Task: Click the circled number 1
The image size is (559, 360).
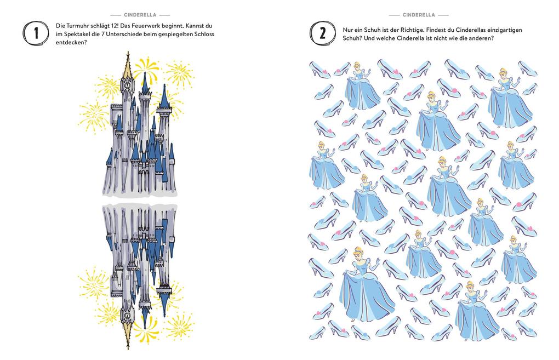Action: tap(36, 33)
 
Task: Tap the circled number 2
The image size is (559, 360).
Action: tap(323, 33)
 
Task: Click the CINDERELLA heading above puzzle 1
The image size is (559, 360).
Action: tap(140, 15)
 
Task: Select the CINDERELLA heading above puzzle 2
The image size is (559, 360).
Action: tap(419, 15)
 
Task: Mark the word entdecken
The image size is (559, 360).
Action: tap(70, 42)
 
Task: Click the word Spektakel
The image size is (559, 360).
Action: tap(75, 35)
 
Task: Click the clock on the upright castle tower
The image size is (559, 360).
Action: tap(127, 85)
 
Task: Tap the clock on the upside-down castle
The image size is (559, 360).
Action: tap(127, 316)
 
